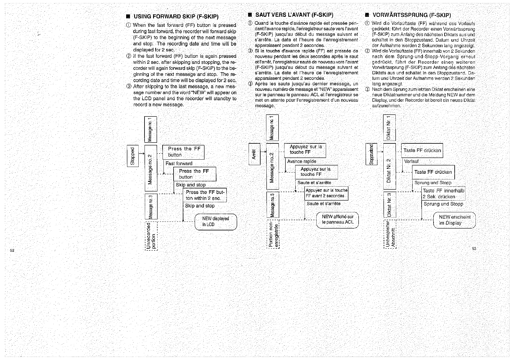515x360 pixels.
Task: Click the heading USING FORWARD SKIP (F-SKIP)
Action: tap(176, 17)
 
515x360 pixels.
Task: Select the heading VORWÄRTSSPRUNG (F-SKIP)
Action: tap(412, 15)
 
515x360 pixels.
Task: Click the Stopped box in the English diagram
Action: tap(133, 156)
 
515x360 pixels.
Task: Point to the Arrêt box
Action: tap(254, 154)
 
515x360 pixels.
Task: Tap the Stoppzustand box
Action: tap(371, 154)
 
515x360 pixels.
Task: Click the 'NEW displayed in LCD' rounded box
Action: tap(216, 222)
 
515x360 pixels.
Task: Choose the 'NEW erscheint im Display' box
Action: tap(454, 220)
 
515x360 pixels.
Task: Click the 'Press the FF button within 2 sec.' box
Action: tap(205, 195)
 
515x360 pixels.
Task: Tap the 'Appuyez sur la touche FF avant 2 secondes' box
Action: tap(326, 193)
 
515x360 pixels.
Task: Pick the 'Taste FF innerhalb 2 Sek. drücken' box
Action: tap(443, 194)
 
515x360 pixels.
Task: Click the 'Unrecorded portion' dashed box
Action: tap(151, 236)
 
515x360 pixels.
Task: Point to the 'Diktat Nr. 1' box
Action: tap(389, 127)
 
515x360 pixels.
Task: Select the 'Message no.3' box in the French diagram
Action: tap(273, 205)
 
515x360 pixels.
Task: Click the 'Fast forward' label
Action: tap(179, 164)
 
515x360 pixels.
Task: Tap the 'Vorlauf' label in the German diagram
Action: tap(411, 161)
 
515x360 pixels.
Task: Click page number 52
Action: tap(12, 250)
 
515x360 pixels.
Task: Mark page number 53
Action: tap(474, 249)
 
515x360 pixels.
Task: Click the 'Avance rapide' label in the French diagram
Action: tap(302, 161)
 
